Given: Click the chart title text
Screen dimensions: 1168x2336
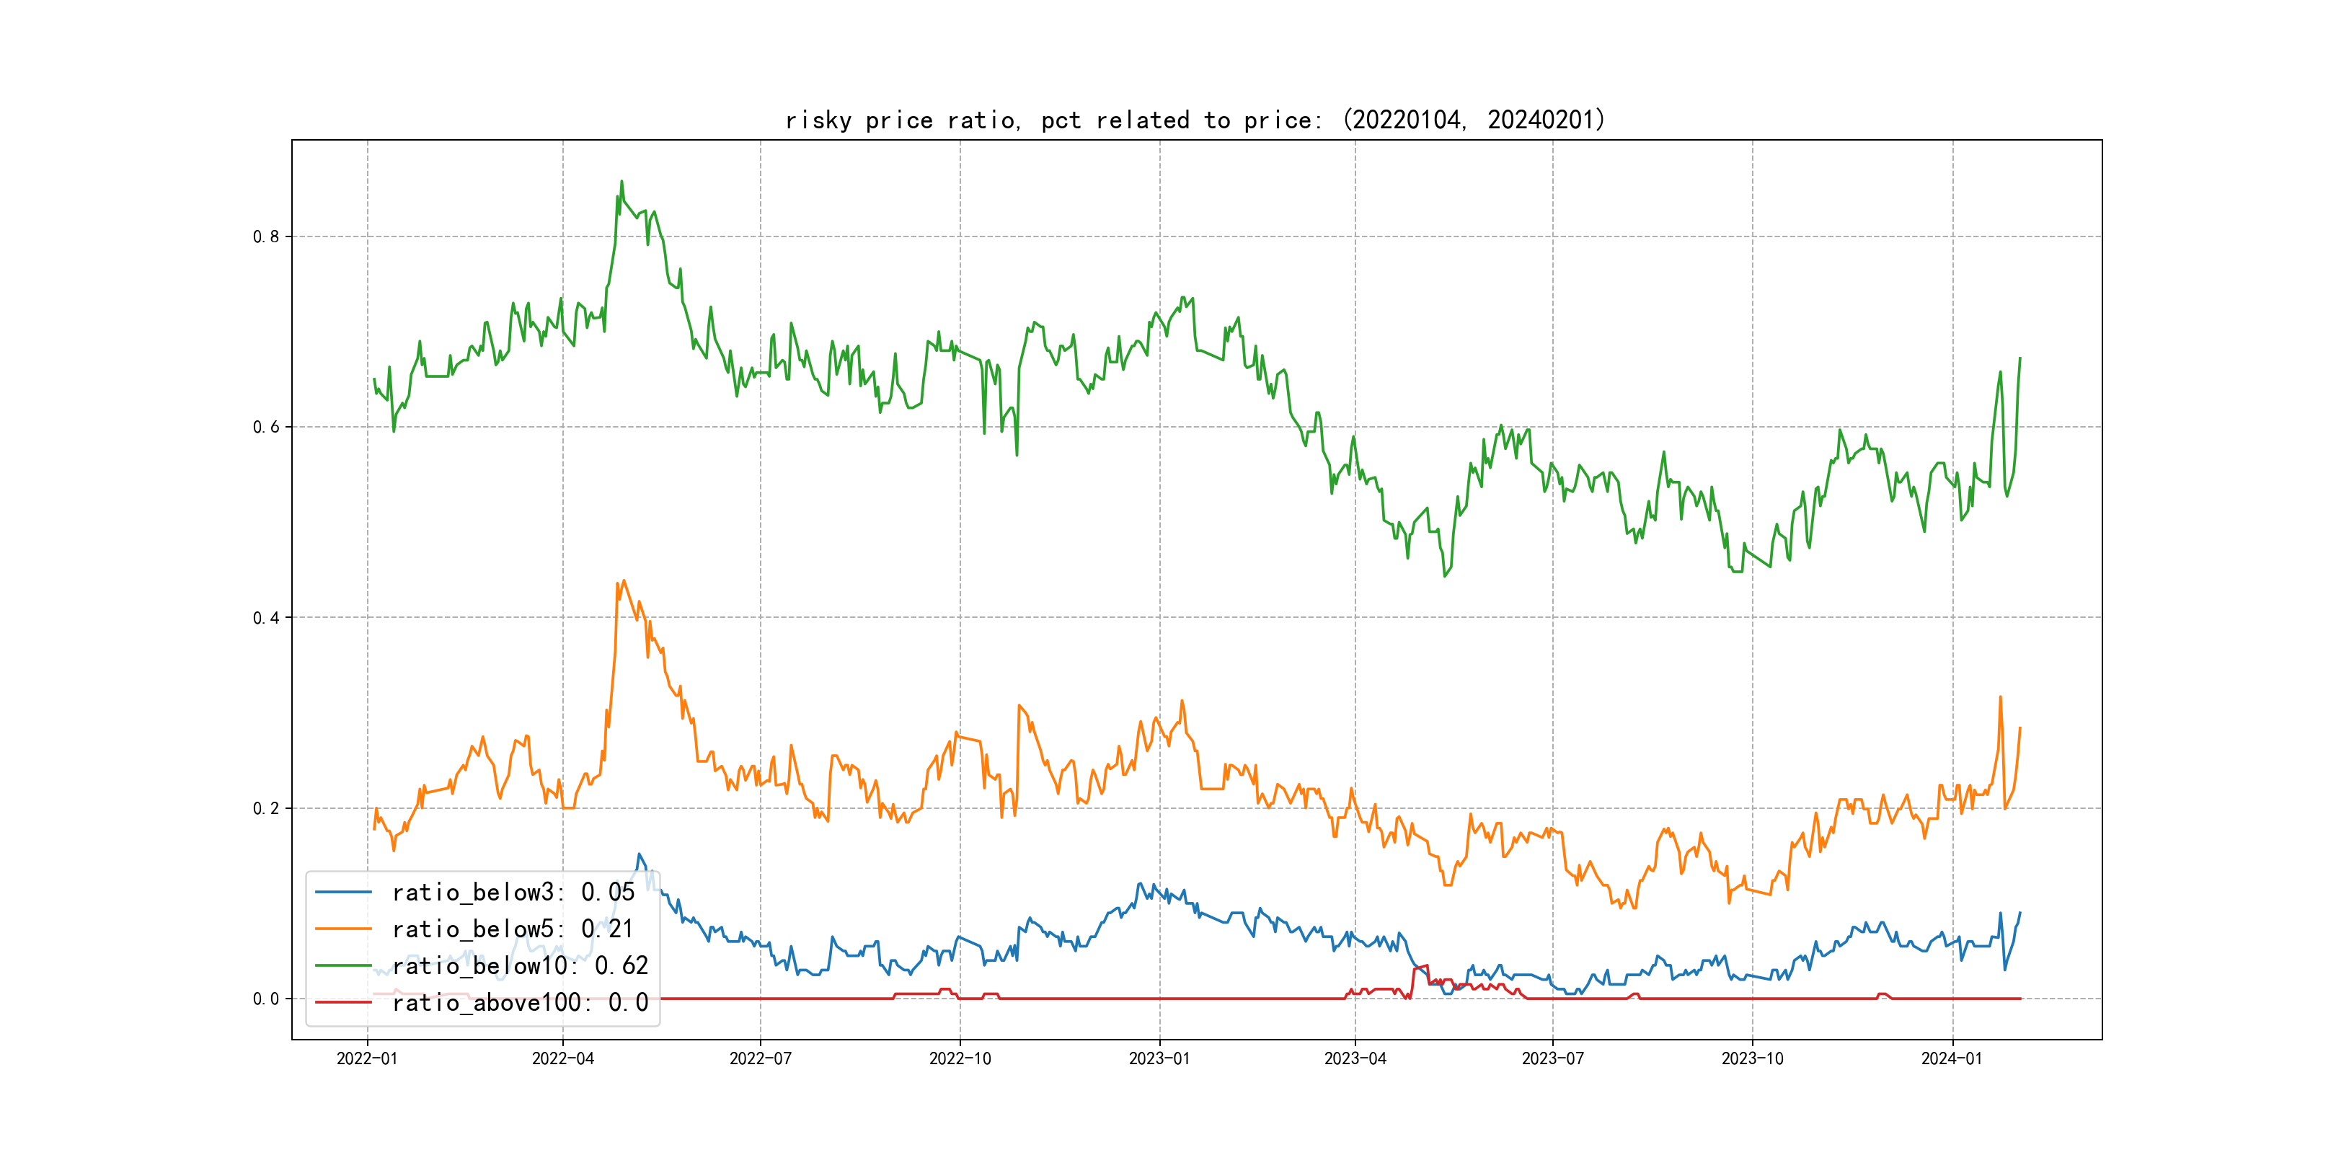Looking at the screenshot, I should point(1195,120).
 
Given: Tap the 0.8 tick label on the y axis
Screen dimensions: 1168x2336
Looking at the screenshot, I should point(266,236).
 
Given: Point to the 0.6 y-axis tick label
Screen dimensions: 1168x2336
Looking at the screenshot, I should point(266,427).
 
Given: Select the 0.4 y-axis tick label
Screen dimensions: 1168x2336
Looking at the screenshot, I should point(266,618).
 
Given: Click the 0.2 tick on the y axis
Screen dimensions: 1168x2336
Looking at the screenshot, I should point(266,808).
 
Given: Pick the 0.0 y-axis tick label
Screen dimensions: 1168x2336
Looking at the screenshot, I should point(266,999).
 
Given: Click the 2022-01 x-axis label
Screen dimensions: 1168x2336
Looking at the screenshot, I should point(367,1058).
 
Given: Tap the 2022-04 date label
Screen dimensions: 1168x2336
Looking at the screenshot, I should point(562,1058).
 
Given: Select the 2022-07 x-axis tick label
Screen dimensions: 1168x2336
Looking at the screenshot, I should point(760,1058).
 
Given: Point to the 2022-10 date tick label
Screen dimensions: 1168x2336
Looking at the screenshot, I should point(960,1058).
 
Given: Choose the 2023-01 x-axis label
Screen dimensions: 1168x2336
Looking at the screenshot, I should point(1159,1058).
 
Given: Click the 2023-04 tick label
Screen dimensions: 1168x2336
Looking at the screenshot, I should point(1355,1058).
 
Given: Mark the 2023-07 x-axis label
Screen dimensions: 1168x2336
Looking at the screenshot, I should point(1552,1058).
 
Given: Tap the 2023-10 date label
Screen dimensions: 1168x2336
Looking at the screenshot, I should point(1752,1058).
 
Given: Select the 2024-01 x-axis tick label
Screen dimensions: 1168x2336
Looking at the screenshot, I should point(1952,1058).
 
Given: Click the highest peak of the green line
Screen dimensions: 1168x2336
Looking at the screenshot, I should point(621,182).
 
